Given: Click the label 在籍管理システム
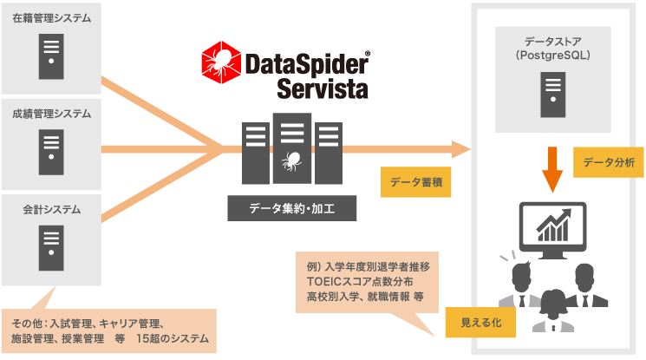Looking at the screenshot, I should coord(51,17).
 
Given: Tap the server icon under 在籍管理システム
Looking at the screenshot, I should coord(51,55).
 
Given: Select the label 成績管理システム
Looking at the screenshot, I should coord(51,114).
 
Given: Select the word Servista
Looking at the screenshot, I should coord(322,88).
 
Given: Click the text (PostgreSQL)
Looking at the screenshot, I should coord(553,55).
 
